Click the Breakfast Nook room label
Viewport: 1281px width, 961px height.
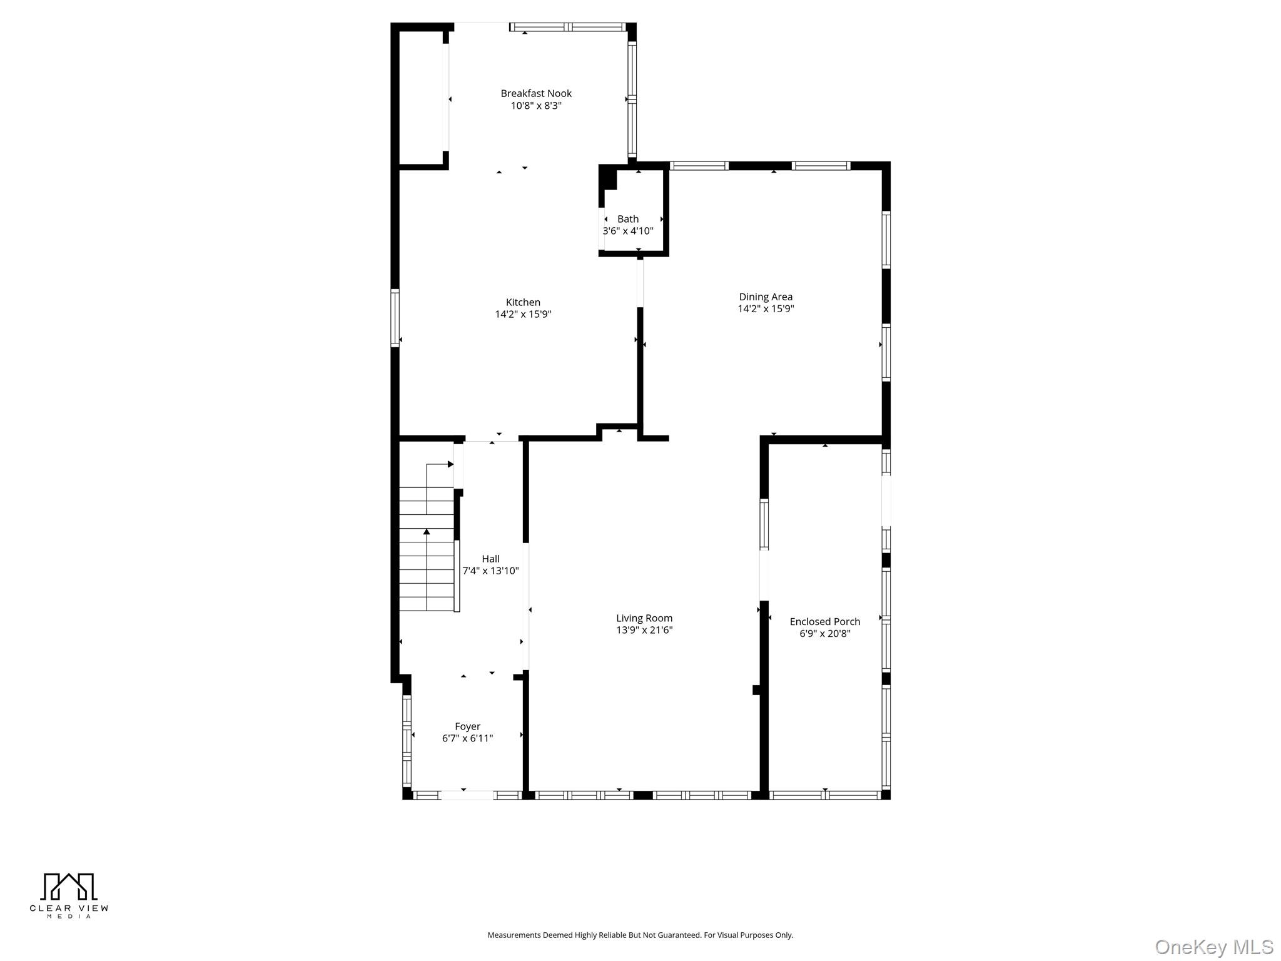[535, 93]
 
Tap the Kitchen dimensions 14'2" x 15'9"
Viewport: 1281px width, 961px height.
[523, 314]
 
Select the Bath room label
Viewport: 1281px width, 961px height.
[628, 219]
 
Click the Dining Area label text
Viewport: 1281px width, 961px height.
[766, 297]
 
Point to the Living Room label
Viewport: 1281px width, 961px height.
[644, 618]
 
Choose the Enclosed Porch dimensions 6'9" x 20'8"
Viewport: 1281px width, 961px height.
[824, 634]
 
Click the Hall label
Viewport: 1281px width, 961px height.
[490, 559]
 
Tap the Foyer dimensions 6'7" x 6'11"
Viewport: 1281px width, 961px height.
[467, 738]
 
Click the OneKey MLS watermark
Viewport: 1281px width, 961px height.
[1213, 947]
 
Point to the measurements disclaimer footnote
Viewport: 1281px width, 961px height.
[640, 935]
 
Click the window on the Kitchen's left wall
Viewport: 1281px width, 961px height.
[395, 318]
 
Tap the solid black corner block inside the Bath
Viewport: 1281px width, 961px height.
[608, 176]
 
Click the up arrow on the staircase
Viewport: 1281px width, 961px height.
[427, 532]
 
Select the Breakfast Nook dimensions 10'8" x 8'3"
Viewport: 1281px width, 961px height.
[535, 106]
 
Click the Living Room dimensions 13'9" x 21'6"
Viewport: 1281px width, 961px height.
[644, 630]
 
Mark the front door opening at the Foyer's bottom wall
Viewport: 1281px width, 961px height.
[467, 795]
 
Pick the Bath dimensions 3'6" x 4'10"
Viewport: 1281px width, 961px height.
[628, 231]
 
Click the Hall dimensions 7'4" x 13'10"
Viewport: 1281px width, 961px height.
[490, 571]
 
